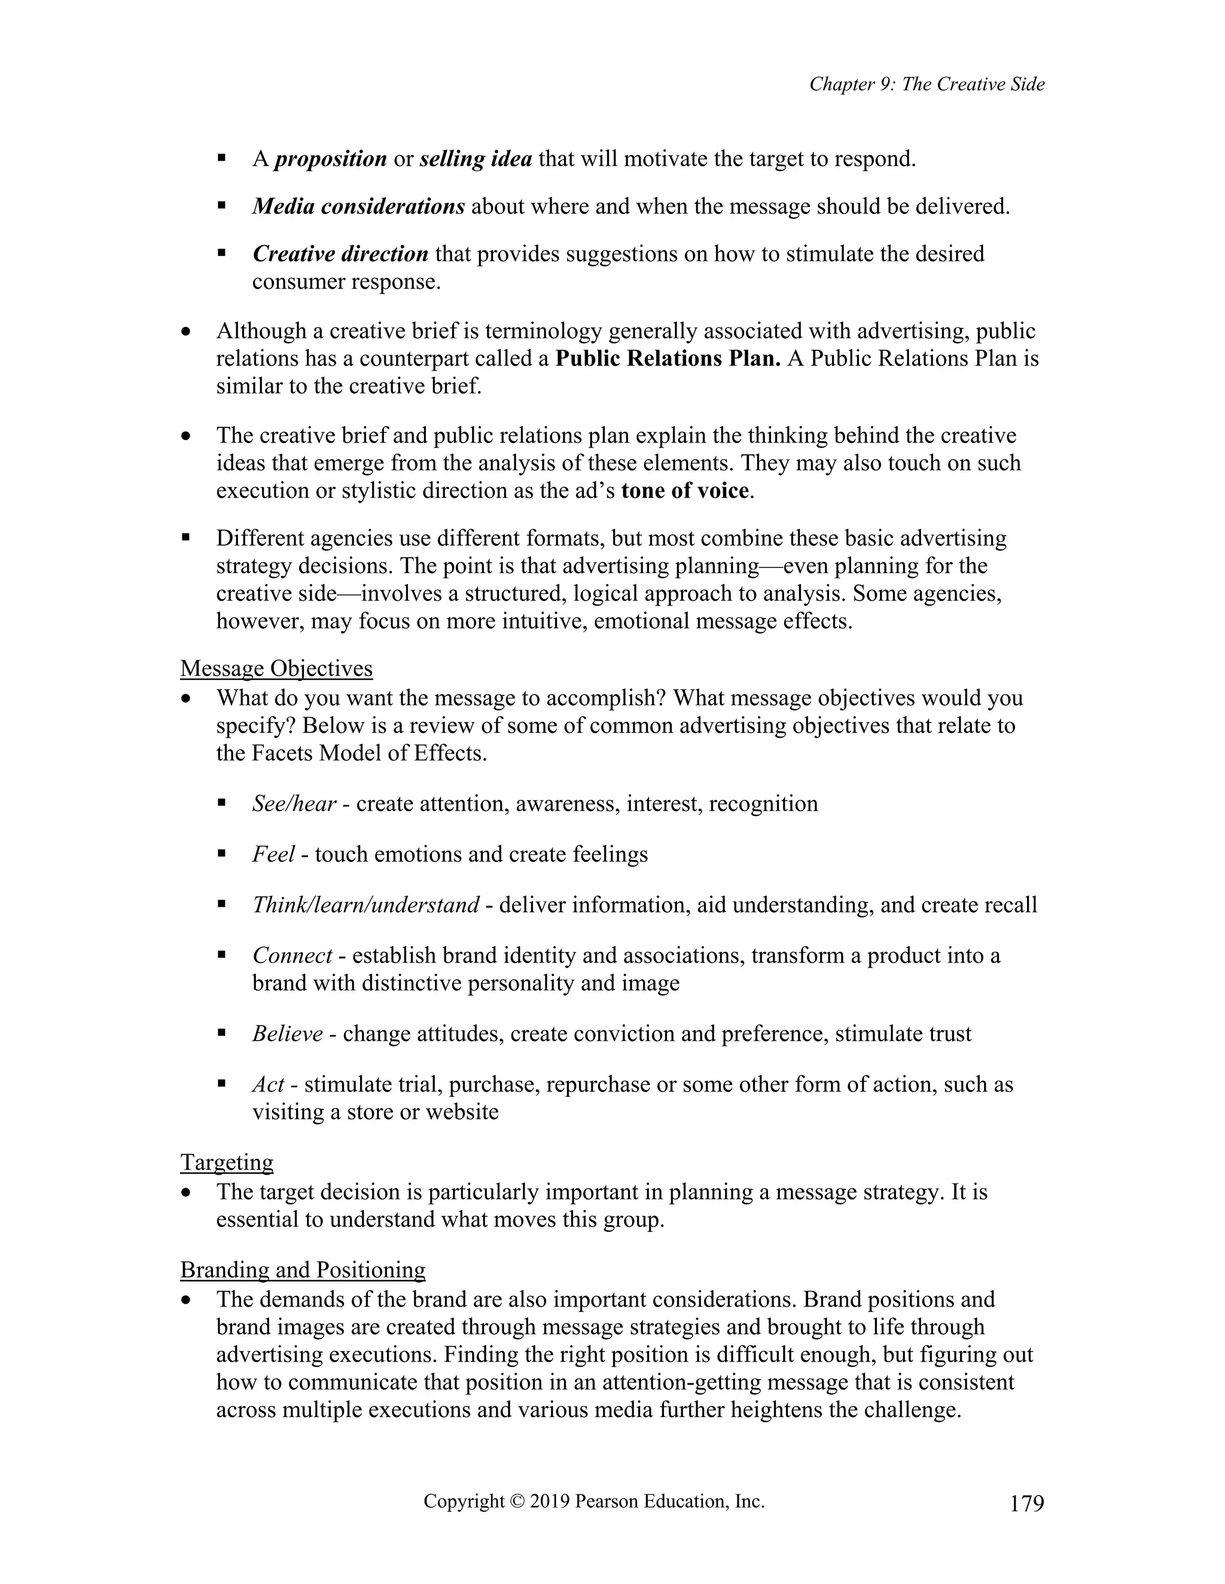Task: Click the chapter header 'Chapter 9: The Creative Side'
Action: (927, 84)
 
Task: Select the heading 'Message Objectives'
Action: (276, 668)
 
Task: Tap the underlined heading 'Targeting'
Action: (227, 1162)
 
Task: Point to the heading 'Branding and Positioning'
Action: (303, 1269)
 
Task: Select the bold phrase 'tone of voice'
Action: (684, 491)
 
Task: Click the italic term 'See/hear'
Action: (294, 803)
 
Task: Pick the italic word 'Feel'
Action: (273, 854)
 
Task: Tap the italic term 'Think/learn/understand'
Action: (365, 905)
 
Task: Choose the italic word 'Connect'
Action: (292, 956)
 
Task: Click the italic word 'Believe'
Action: (287, 1033)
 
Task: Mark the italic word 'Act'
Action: (268, 1084)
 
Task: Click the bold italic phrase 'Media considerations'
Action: (358, 207)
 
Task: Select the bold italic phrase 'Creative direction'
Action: (340, 255)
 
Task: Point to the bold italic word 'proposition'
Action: (331, 159)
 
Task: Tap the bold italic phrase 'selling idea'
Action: (476, 159)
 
